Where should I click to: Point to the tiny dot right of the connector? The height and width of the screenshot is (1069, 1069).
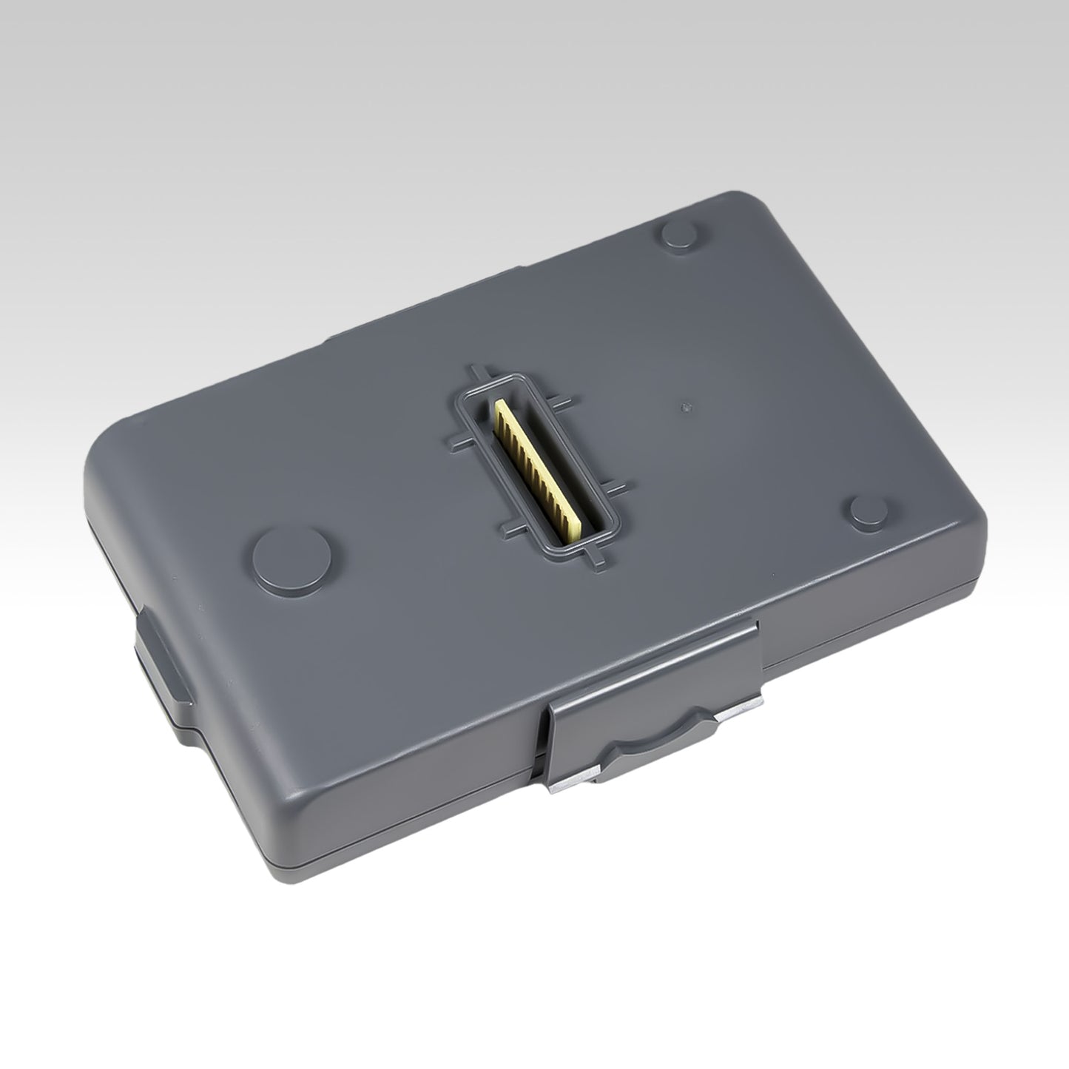685,405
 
